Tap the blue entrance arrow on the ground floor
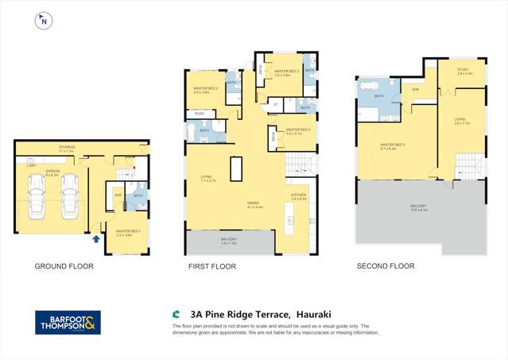tap(97, 237)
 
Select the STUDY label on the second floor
tap(464, 69)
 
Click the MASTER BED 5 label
tap(393, 145)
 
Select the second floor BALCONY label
tap(418, 207)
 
